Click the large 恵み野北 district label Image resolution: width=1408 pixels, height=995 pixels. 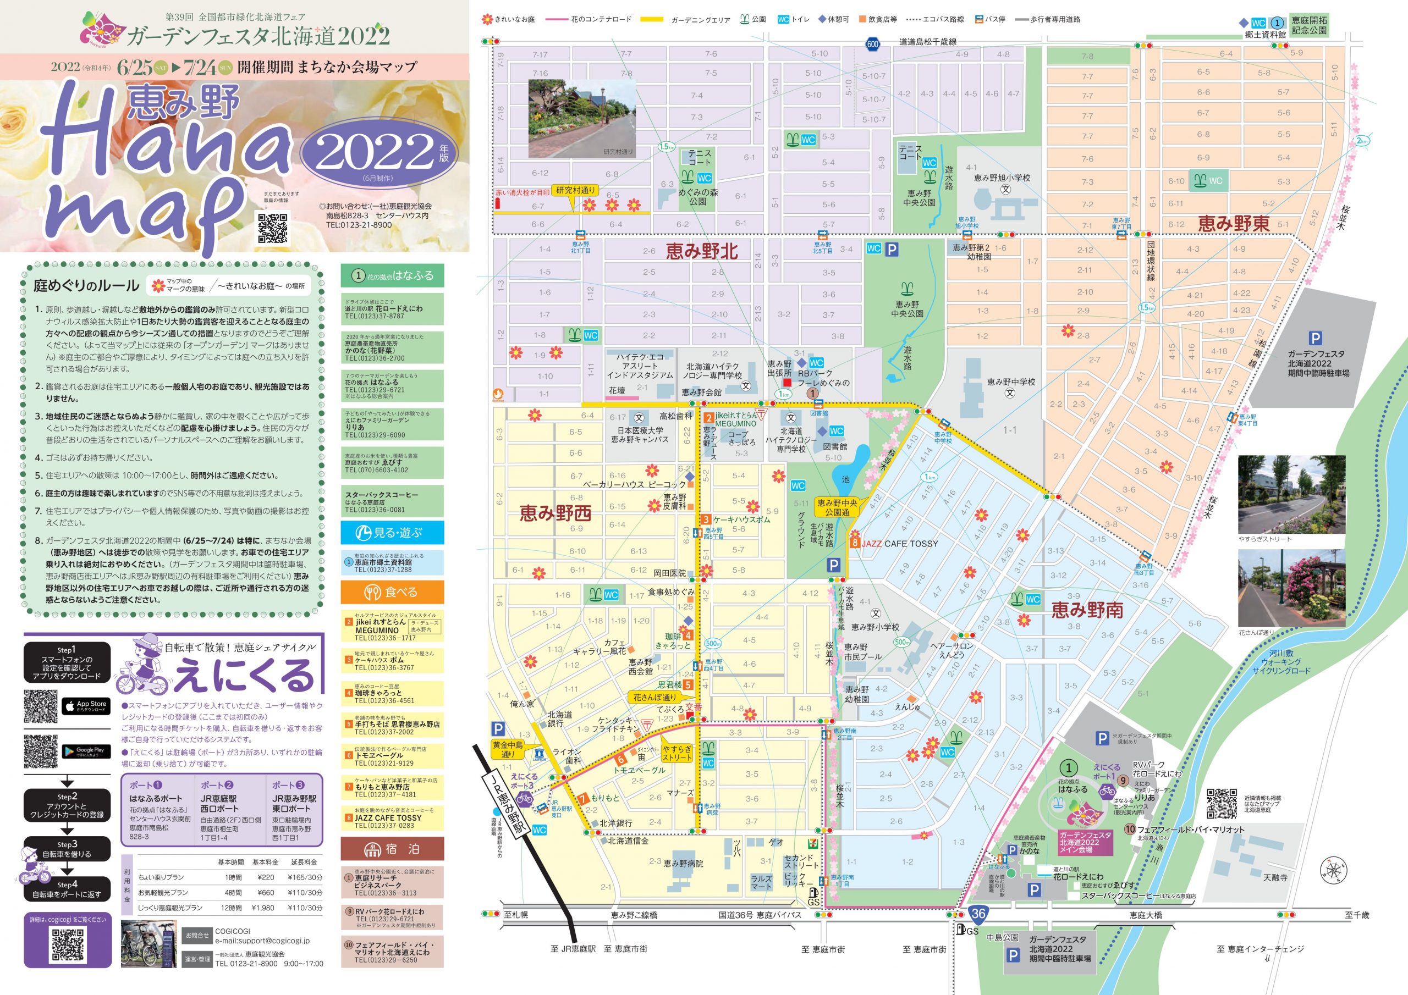point(702,251)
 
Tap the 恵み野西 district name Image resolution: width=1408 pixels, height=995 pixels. point(555,512)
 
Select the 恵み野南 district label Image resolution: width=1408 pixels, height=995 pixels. point(1087,610)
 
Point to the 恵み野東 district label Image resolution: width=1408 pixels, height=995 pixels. point(1233,224)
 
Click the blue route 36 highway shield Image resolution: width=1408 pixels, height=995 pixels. point(978,914)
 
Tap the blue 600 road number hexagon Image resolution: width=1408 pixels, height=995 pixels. point(873,43)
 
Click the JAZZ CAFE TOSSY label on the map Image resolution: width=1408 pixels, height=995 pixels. point(900,543)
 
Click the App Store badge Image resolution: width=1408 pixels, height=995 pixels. point(86,706)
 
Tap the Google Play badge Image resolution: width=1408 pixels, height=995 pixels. point(86,751)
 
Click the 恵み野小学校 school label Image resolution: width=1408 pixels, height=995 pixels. point(875,627)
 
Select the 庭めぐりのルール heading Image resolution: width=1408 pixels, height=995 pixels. point(86,285)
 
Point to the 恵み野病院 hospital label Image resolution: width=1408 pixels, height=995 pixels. point(683,863)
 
